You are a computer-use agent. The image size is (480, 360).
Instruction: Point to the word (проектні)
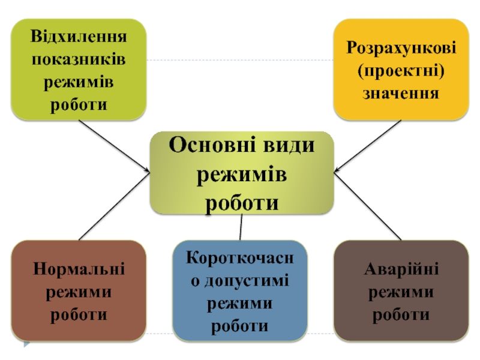[x=401, y=71]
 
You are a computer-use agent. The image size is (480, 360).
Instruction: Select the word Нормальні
[x=79, y=268]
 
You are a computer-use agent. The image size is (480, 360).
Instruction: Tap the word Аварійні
[x=401, y=268]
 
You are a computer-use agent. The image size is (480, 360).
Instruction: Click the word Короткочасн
[x=239, y=259]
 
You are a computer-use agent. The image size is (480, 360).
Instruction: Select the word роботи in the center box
[x=242, y=202]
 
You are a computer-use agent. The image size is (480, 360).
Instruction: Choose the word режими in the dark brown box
[x=401, y=292]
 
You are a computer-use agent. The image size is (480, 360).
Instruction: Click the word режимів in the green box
[x=79, y=82]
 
